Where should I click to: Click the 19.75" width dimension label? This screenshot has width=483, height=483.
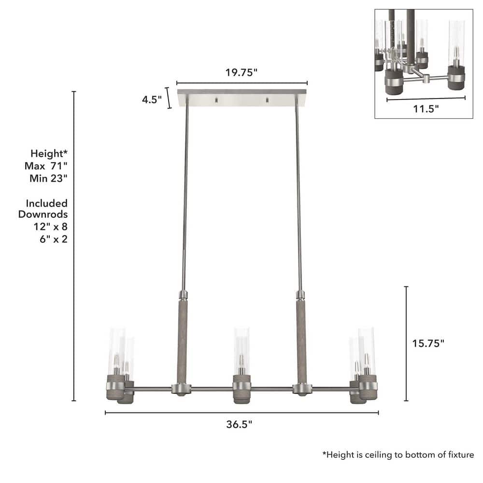(241, 73)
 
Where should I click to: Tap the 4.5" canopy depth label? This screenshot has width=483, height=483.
(152, 100)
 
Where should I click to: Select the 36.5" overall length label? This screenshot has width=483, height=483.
(239, 424)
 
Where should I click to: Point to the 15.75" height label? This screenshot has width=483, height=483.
(428, 343)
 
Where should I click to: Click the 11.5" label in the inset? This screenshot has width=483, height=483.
(426, 109)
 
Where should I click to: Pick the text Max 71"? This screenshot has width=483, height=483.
(46, 166)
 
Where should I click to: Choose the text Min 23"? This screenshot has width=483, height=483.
(48, 178)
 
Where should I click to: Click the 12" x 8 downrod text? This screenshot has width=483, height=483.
(51, 227)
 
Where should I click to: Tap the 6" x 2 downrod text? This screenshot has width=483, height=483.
(54, 239)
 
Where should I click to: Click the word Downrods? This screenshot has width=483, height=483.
(43, 214)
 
